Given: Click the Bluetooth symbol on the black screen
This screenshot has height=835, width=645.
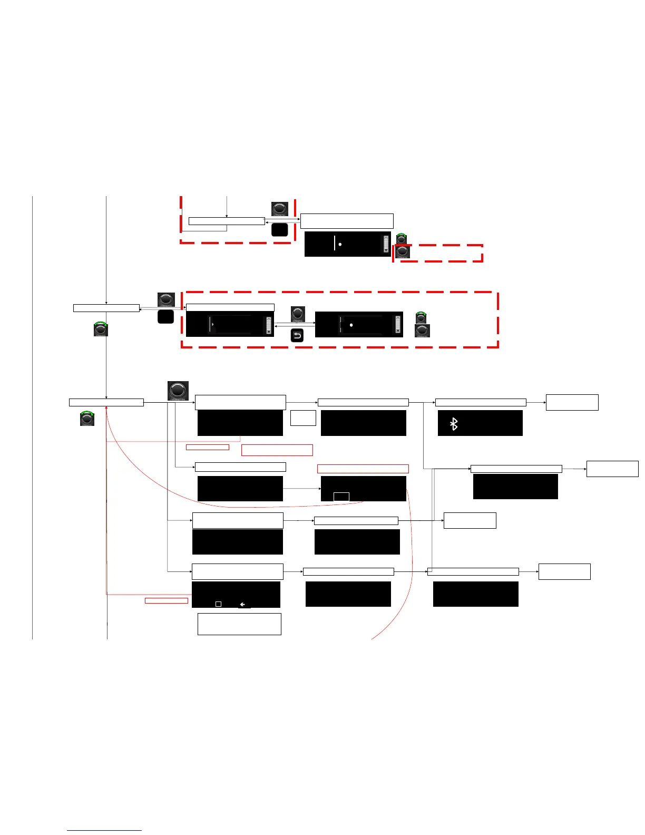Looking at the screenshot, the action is click(454, 424).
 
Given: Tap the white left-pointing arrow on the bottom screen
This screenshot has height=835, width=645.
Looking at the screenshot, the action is click(243, 605).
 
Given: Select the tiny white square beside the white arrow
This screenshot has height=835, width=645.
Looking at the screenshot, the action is click(218, 604).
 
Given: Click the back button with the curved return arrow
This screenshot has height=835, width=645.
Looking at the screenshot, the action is click(297, 335).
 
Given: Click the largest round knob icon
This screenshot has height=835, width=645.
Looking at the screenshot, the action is click(178, 391).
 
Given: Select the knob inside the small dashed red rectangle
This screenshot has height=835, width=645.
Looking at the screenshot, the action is click(403, 252).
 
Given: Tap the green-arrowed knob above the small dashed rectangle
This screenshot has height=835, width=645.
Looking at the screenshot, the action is click(402, 239).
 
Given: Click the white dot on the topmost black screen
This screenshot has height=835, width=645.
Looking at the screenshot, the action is click(340, 245).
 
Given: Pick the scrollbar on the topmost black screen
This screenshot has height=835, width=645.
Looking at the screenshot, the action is click(386, 244).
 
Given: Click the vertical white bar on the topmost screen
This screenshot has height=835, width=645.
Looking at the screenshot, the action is click(335, 243).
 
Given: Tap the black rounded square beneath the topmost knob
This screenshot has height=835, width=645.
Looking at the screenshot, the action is click(279, 229).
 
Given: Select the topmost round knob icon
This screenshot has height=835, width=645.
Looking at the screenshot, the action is click(280, 209).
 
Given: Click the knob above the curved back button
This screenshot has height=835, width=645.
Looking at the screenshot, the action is click(298, 314).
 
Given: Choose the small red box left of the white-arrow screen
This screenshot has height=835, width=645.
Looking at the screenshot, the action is click(167, 600).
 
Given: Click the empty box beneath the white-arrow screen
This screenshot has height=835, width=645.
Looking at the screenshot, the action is click(239, 624).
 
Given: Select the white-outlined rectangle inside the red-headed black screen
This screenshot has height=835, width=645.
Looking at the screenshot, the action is click(341, 497).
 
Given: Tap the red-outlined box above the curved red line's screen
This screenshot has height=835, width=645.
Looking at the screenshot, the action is click(363, 469).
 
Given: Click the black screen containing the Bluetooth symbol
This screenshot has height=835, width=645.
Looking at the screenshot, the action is click(480, 423).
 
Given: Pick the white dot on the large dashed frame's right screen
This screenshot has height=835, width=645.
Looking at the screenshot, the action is click(351, 325).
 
